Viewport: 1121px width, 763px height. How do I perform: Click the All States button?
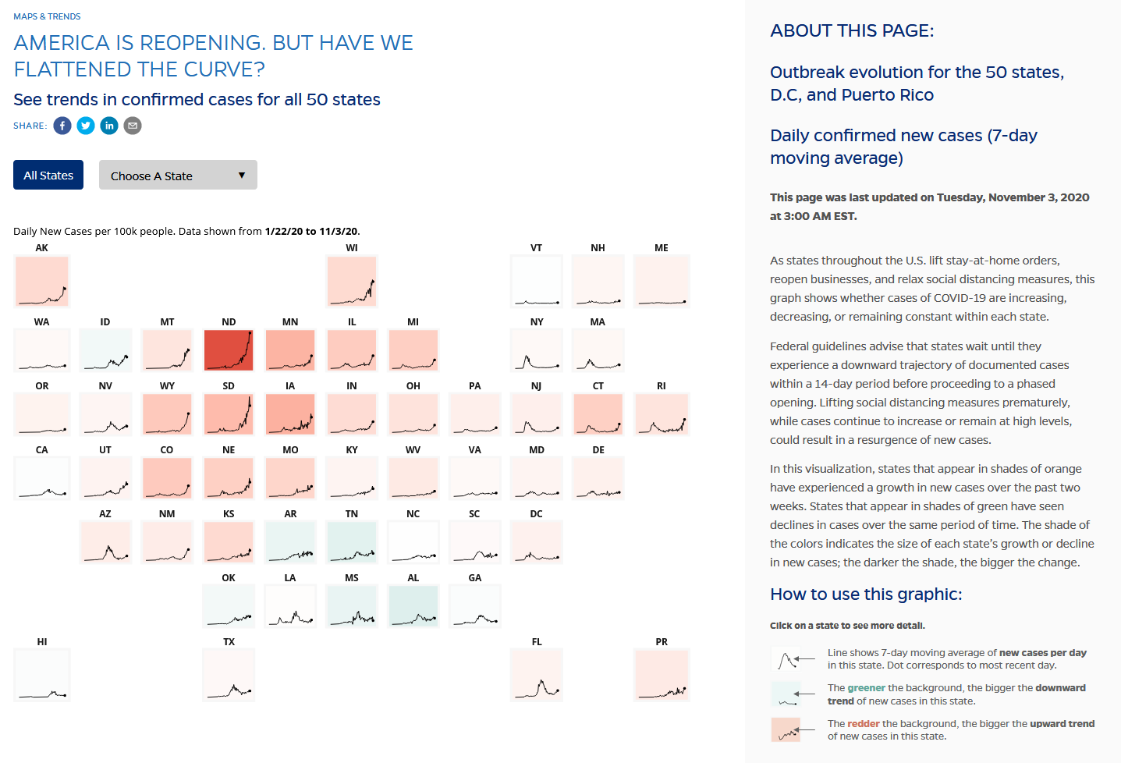pos(48,176)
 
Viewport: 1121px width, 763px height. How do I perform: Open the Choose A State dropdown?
pos(178,176)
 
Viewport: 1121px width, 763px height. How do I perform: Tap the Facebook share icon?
pos(62,126)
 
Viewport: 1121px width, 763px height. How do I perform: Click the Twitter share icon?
pos(86,126)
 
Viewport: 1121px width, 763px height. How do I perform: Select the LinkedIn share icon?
pos(109,126)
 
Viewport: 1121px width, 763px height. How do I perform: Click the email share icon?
pos(133,126)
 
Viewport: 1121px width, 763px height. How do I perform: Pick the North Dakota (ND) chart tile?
pos(229,350)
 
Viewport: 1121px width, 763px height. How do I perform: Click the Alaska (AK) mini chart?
pos(42,281)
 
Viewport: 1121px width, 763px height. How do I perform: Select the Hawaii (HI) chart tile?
pos(42,675)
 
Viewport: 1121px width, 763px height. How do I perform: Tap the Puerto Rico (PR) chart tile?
pos(662,675)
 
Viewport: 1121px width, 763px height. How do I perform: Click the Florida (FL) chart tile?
pos(537,675)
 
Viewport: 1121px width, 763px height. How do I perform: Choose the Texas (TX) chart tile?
pos(229,675)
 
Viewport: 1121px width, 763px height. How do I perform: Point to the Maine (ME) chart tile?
pos(662,281)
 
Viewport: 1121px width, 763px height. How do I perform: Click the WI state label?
pos(352,248)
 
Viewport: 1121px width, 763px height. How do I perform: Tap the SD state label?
pos(229,386)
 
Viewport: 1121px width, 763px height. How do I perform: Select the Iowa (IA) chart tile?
pos(290,413)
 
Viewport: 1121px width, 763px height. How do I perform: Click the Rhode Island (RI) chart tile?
pos(662,413)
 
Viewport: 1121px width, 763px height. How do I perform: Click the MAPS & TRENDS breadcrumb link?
pos(47,16)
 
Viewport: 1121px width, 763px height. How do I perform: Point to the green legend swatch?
pos(786,694)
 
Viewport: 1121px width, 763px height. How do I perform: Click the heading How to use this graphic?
pos(866,594)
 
